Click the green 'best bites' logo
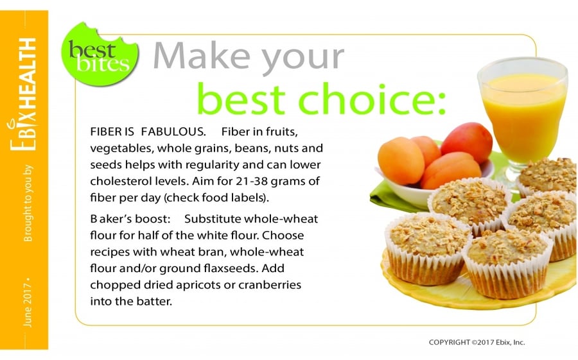(x=100, y=55)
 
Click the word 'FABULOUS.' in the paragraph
(x=173, y=132)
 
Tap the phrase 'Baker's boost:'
(x=130, y=219)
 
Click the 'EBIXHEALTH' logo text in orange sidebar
(x=23, y=94)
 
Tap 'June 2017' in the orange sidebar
(x=28, y=305)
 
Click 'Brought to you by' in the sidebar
(x=28, y=203)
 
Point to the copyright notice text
(x=477, y=342)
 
